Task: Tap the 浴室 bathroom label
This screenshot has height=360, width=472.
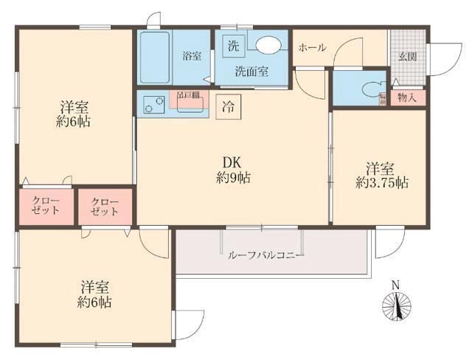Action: coord(192,55)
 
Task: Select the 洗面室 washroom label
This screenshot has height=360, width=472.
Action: coord(251,72)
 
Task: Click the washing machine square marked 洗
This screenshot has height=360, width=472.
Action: coord(233,44)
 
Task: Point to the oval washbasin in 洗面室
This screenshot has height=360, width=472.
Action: coord(268,45)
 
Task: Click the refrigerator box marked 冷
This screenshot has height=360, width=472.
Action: coord(229,105)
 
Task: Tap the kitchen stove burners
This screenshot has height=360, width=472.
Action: coord(153,105)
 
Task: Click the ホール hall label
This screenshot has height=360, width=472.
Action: coord(311,47)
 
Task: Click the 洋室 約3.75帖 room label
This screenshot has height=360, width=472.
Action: coord(381,174)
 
